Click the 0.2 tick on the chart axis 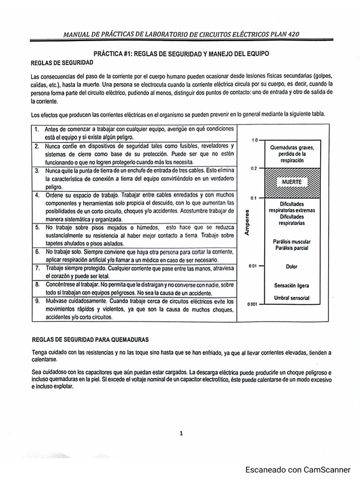point(254,168)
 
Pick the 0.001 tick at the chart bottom point(253,304)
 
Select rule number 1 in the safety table point(37,129)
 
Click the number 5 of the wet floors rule point(37,227)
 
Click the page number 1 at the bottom point(181,434)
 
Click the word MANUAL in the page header point(78,34)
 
